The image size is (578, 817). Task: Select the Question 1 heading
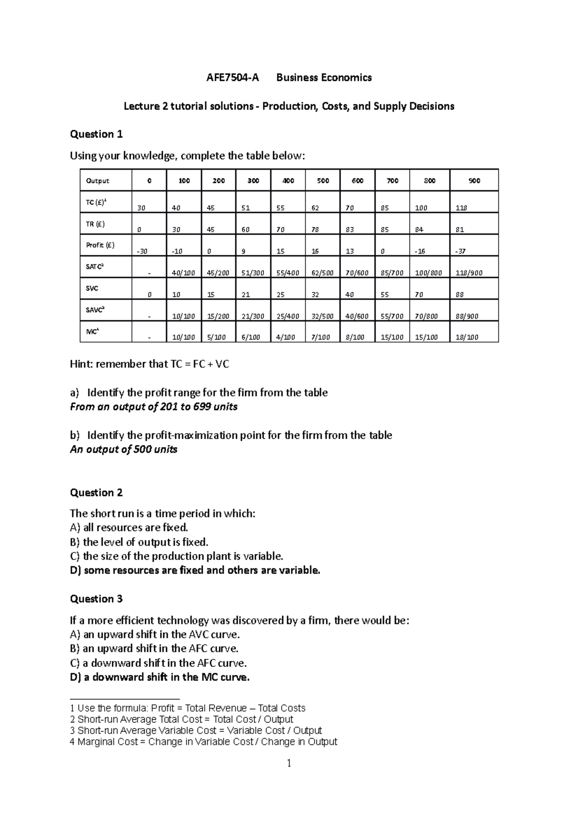click(x=96, y=134)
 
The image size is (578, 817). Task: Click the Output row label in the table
click(x=97, y=181)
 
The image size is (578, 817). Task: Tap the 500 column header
click(x=323, y=181)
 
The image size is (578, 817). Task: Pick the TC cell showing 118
click(x=461, y=208)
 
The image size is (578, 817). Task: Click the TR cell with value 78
click(x=315, y=230)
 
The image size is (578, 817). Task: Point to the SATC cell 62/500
click(x=322, y=273)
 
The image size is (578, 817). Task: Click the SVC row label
click(x=92, y=289)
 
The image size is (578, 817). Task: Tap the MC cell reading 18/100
click(x=467, y=337)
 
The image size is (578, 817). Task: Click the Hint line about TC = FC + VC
click(x=149, y=364)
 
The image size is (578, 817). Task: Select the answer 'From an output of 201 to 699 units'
click(x=154, y=407)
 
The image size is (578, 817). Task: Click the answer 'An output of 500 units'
click(x=124, y=449)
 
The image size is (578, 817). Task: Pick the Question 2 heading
click(x=96, y=493)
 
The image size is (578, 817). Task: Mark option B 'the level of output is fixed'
click(x=139, y=542)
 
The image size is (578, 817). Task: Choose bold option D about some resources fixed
click(x=195, y=571)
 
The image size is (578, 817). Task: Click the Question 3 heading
click(x=96, y=599)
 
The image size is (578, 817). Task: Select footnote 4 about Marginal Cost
click(x=203, y=742)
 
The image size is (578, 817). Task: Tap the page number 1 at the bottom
click(x=289, y=764)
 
